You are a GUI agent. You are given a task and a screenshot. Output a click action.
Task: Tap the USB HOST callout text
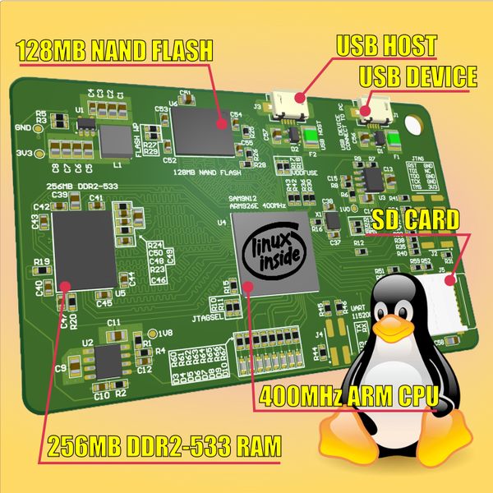386,46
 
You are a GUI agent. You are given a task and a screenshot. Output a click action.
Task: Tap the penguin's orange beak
406,329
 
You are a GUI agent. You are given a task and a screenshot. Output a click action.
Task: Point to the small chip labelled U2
108,362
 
